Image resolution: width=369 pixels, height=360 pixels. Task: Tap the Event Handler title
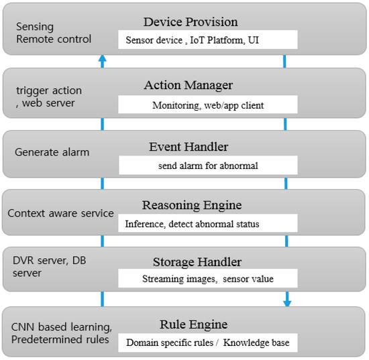[188, 146]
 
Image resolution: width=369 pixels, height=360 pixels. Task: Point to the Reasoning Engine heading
[192, 205]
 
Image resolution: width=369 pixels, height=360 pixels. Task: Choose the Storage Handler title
[192, 261]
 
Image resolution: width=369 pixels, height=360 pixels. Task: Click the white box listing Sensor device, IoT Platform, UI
[208, 40]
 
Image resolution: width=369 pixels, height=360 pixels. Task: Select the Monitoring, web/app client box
[208, 105]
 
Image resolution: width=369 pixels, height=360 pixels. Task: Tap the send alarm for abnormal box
[208, 165]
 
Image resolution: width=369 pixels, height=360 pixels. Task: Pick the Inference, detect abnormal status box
[208, 224]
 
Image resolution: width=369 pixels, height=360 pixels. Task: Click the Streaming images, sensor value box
[208, 279]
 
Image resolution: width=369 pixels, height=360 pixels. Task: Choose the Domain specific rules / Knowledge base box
[208, 343]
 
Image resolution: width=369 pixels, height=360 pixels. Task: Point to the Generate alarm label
[52, 152]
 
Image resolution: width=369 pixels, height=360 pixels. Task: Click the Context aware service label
[60, 213]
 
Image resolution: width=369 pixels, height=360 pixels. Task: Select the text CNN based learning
[61, 327]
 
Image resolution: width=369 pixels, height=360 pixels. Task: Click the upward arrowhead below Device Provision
[102, 60]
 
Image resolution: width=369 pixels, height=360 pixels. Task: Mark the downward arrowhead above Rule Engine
[287, 302]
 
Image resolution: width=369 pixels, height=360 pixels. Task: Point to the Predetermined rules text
[61, 341]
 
